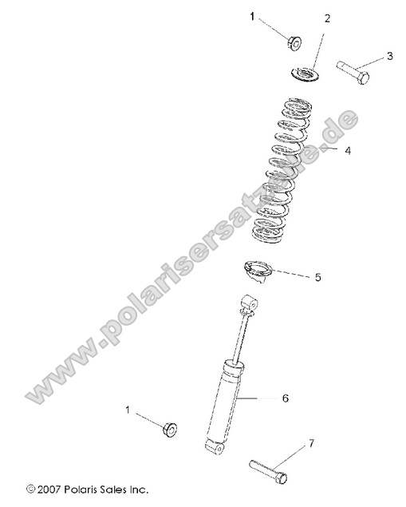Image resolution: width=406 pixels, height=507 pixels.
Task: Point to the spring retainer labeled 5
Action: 256,271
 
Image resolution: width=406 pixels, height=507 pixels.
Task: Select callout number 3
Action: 389,55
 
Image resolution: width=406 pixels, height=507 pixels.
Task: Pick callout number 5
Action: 317,278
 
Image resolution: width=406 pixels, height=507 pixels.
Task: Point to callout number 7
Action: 312,442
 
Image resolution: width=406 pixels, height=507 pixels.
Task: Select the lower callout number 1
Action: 127,409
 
